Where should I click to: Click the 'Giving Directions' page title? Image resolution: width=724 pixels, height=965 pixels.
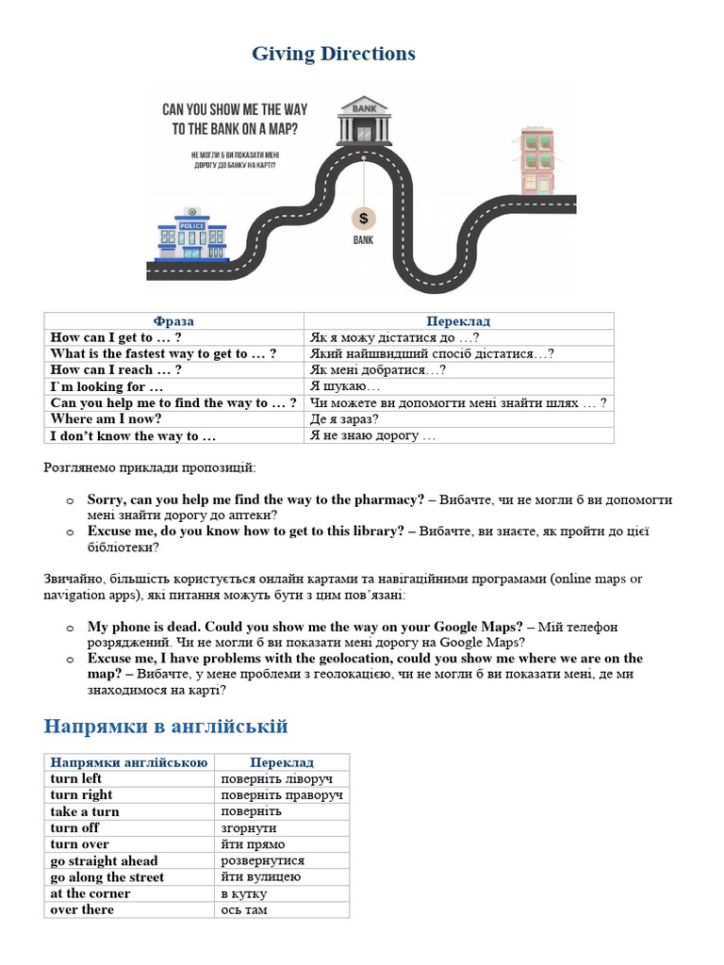(x=333, y=54)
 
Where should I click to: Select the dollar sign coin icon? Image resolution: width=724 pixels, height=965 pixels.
(x=363, y=219)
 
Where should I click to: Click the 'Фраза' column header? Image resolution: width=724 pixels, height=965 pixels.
(x=173, y=321)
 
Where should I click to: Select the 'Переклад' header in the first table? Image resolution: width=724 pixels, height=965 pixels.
(x=458, y=321)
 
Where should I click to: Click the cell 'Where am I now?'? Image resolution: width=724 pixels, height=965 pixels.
(x=107, y=419)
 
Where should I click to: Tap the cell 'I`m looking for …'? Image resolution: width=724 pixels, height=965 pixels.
(x=107, y=386)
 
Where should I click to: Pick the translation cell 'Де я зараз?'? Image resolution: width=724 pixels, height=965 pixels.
(x=344, y=419)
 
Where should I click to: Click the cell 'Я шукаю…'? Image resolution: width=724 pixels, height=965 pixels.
(x=345, y=386)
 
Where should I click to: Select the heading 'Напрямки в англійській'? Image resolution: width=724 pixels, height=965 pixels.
(x=166, y=727)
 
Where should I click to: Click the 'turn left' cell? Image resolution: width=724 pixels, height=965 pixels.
(x=76, y=778)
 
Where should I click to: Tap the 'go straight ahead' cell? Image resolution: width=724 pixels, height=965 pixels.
(x=104, y=860)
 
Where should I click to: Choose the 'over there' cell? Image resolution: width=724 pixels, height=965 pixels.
(x=82, y=909)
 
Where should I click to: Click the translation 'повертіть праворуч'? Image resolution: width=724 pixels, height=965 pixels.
(x=281, y=795)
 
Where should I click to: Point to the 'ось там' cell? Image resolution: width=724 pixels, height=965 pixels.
(x=244, y=909)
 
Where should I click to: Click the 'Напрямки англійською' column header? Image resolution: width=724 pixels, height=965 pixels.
(x=128, y=762)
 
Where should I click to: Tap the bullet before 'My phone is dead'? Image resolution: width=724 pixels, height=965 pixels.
(x=69, y=628)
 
